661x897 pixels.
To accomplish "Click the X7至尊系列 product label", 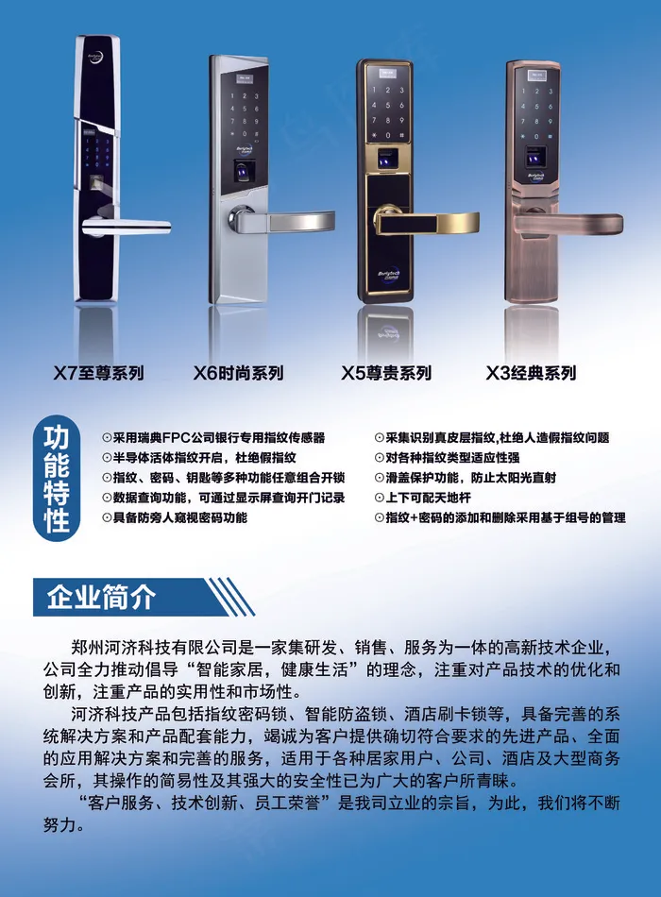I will tap(98, 373).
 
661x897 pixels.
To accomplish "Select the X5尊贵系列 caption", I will tap(386, 373).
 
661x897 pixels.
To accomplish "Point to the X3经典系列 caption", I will tap(530, 373).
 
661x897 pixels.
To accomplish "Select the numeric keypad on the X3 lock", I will tap(536, 110).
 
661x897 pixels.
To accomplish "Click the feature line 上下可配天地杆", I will tap(422, 497).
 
